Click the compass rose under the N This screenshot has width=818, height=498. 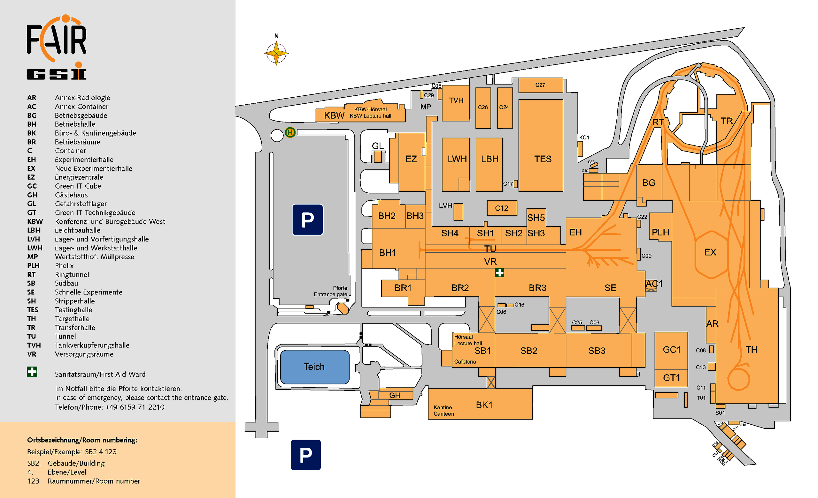pos(276,53)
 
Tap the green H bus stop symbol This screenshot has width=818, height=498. pos(290,133)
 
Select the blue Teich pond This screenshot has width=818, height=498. pos(315,367)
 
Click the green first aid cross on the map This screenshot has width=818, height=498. pos(500,273)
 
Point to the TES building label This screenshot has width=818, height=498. pos(543,159)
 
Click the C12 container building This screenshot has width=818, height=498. pos(502,208)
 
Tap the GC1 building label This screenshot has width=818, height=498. pos(672,349)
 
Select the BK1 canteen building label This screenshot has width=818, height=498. pos(484,405)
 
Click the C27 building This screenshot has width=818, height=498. pos(540,85)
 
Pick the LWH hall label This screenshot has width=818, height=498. pos(457,159)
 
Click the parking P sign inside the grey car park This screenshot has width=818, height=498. pos(307,219)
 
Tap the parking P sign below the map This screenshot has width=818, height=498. pos(306,455)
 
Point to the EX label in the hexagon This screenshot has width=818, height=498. pos(710,252)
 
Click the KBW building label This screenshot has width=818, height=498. pos(334,115)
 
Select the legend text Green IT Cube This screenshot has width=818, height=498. pos(78,186)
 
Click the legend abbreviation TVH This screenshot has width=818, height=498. pos(34,345)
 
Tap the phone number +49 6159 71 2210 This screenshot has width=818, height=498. pos(135,407)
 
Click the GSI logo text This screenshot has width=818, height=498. pos(57,74)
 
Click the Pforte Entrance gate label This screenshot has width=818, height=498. pos(331,291)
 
